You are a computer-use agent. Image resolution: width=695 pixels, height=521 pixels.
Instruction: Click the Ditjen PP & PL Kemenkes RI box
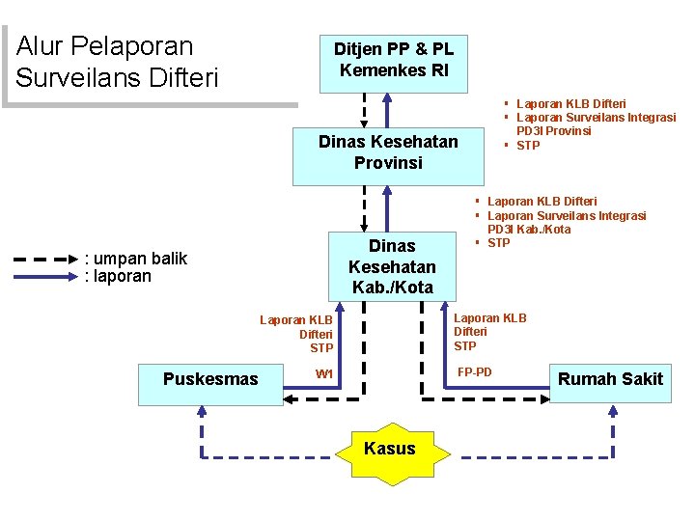394,60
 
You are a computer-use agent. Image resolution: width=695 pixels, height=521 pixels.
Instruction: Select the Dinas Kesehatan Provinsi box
388,152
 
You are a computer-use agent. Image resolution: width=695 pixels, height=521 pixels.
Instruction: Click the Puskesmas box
210,379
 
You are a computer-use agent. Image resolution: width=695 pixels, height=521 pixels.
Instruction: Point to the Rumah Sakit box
610,379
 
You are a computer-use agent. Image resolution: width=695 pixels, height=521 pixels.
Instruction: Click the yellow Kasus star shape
390,449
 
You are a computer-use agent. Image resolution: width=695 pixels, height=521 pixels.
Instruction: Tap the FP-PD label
474,371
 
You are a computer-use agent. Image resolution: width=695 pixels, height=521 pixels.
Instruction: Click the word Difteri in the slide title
181,76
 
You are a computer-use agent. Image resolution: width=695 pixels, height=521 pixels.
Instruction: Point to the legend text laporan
119,276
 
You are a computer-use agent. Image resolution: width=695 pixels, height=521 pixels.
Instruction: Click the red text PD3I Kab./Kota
529,230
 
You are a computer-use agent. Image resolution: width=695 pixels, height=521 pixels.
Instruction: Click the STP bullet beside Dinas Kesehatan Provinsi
528,146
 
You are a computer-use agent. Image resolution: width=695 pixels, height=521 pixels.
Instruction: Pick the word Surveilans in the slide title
77,76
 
